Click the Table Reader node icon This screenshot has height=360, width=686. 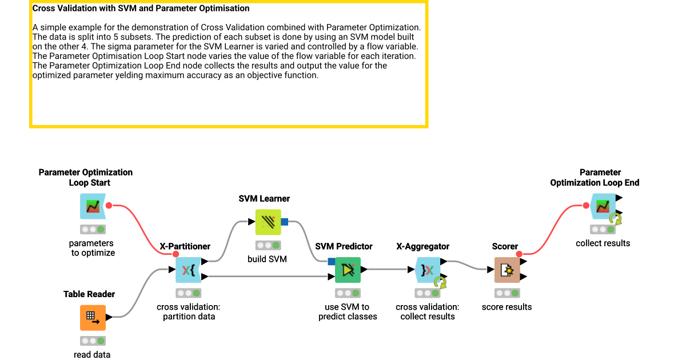[x=93, y=317]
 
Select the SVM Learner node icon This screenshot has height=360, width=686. [x=268, y=222]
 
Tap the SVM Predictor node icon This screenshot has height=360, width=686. [x=348, y=270]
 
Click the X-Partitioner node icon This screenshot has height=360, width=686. [x=188, y=270]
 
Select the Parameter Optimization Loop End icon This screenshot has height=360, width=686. [x=601, y=206]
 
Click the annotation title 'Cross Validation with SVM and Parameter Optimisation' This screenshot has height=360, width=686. [x=141, y=9]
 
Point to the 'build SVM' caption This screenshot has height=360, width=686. [x=267, y=259]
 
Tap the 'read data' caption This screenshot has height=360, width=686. [x=92, y=354]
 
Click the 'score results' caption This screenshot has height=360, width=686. [x=506, y=307]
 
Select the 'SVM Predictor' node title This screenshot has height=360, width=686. [x=344, y=246]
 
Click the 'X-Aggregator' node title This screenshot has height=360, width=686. [x=423, y=246]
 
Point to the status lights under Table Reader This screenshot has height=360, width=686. [x=92, y=341]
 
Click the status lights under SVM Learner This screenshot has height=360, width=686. [x=268, y=245]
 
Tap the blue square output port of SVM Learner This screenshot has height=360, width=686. [x=284, y=222]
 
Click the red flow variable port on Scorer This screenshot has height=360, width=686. [x=519, y=254]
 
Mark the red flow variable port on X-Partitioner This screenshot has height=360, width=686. [x=176, y=254]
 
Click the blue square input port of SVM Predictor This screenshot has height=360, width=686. [x=332, y=262]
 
